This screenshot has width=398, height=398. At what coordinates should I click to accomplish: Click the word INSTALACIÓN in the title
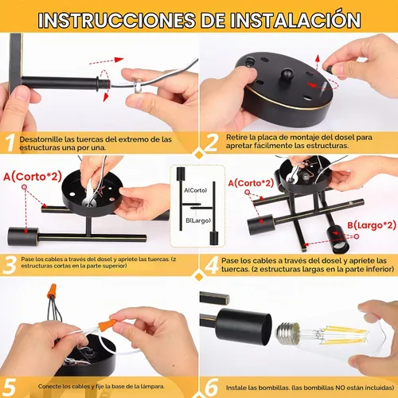[295, 20]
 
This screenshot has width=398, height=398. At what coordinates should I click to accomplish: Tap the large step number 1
[10, 143]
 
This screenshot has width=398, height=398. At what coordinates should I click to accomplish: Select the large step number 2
[212, 142]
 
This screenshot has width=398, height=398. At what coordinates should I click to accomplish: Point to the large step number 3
[10, 264]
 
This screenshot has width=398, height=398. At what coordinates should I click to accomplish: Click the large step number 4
[212, 264]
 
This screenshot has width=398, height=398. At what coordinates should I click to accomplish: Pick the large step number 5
[9, 387]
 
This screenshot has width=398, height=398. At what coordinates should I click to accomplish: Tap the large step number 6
[212, 387]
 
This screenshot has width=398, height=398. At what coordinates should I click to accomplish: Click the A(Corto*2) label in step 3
[33, 177]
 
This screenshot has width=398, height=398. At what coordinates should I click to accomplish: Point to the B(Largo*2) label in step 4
[372, 225]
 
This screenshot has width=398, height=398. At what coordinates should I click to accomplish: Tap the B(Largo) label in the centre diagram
[198, 220]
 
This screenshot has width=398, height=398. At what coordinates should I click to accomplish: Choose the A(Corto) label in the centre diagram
[196, 190]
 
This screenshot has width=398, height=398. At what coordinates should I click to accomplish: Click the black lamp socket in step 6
[244, 327]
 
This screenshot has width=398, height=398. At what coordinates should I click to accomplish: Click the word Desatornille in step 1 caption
[41, 139]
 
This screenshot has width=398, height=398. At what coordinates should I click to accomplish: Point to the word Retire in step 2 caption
[236, 138]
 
